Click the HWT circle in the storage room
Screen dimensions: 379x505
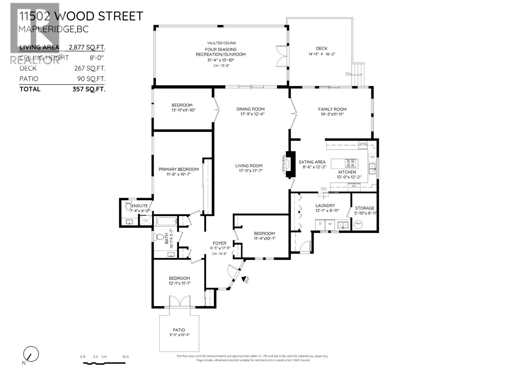(x=359, y=224)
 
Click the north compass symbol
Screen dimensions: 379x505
(x=31, y=354)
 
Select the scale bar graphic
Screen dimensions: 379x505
(x=104, y=363)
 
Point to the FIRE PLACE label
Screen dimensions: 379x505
(x=283, y=164)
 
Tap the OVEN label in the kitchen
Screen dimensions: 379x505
(x=363, y=144)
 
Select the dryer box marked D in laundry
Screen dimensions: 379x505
(x=320, y=224)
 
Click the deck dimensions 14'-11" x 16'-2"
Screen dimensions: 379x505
(x=321, y=54)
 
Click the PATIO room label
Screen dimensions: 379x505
(x=179, y=330)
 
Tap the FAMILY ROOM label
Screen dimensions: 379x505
(x=332, y=109)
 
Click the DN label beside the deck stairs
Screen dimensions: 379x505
(x=348, y=74)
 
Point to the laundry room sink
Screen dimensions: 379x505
(x=343, y=225)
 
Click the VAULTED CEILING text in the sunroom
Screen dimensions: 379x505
(x=221, y=43)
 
